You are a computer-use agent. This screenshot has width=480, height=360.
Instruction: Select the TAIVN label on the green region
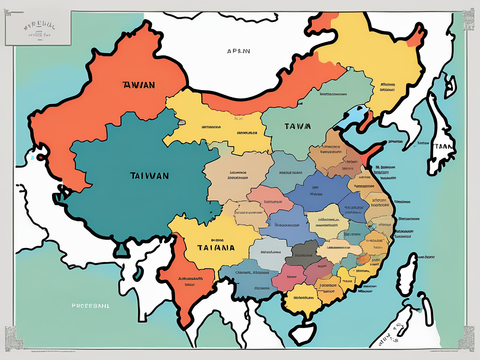(297, 126)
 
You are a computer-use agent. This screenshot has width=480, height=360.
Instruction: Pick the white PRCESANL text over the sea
(90, 305)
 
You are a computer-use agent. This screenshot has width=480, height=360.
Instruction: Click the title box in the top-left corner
(38, 28)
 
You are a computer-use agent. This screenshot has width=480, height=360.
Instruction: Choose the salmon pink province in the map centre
(266, 201)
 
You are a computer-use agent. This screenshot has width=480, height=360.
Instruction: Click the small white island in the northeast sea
(450, 85)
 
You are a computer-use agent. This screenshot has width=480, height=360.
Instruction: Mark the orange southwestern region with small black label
(187, 281)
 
